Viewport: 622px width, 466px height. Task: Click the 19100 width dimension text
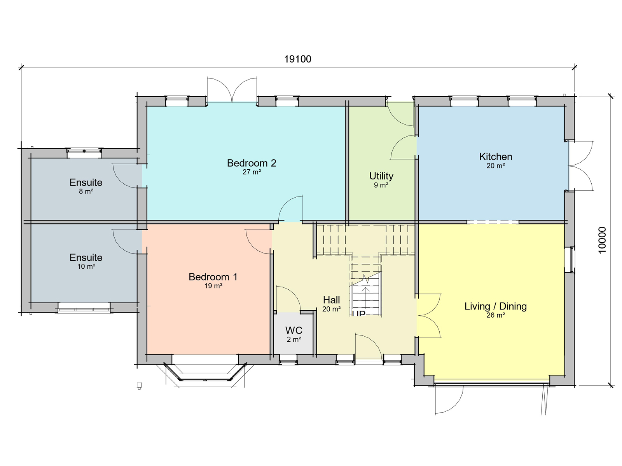point(297,59)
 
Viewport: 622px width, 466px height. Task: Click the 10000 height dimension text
point(602,240)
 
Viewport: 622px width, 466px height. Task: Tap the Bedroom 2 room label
point(252,163)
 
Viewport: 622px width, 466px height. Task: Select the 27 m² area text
point(252,172)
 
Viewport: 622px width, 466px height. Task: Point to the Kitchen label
point(496,156)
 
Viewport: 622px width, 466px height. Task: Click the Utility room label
point(381,176)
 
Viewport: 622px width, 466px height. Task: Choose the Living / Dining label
point(496,306)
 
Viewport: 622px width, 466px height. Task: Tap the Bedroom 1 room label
point(213,277)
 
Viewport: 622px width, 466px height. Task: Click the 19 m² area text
point(213,286)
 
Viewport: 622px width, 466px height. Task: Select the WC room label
point(294,330)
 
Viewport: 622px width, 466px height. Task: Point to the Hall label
point(331,300)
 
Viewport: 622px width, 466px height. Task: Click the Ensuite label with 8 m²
point(86,183)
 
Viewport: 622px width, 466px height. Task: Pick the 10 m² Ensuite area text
point(86,266)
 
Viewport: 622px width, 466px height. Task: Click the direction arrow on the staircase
point(366,297)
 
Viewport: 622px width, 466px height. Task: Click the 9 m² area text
point(381,185)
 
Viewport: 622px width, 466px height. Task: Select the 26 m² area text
point(496,315)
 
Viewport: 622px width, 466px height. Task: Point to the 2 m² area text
point(294,339)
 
